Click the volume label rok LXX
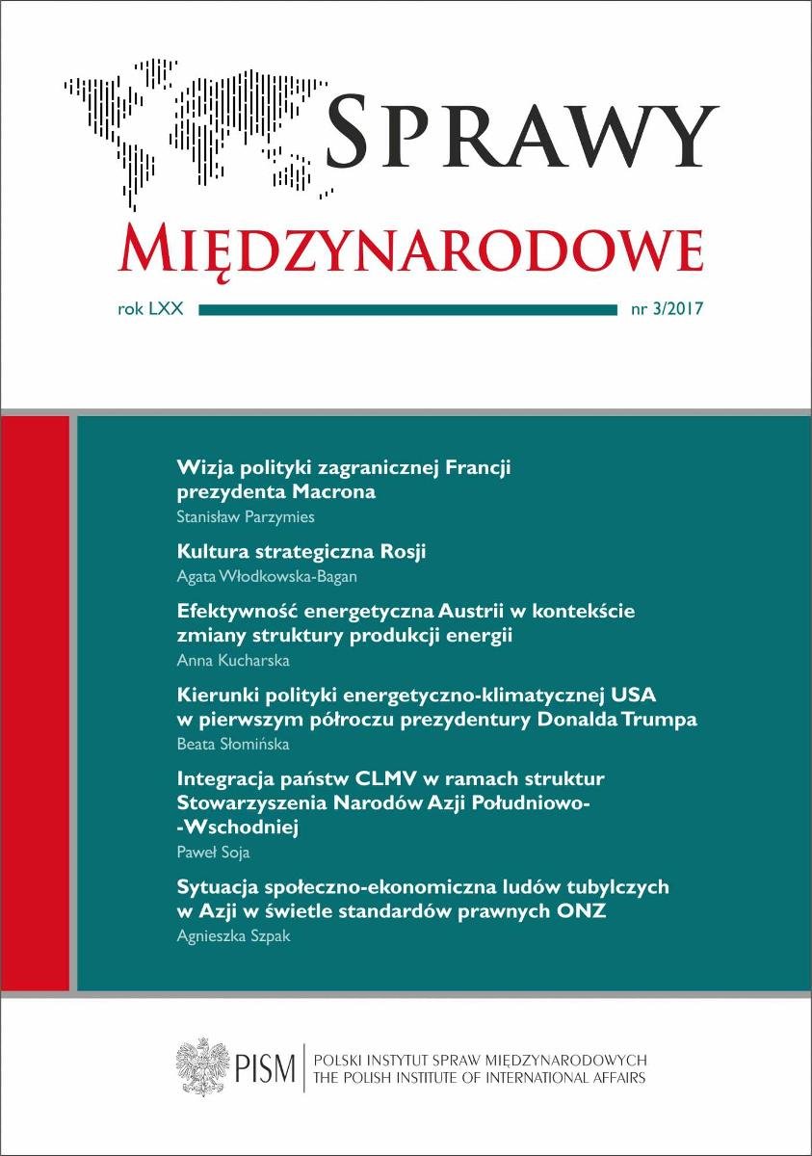point(153,310)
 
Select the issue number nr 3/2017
point(666,310)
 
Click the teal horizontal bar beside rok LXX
point(406,310)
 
